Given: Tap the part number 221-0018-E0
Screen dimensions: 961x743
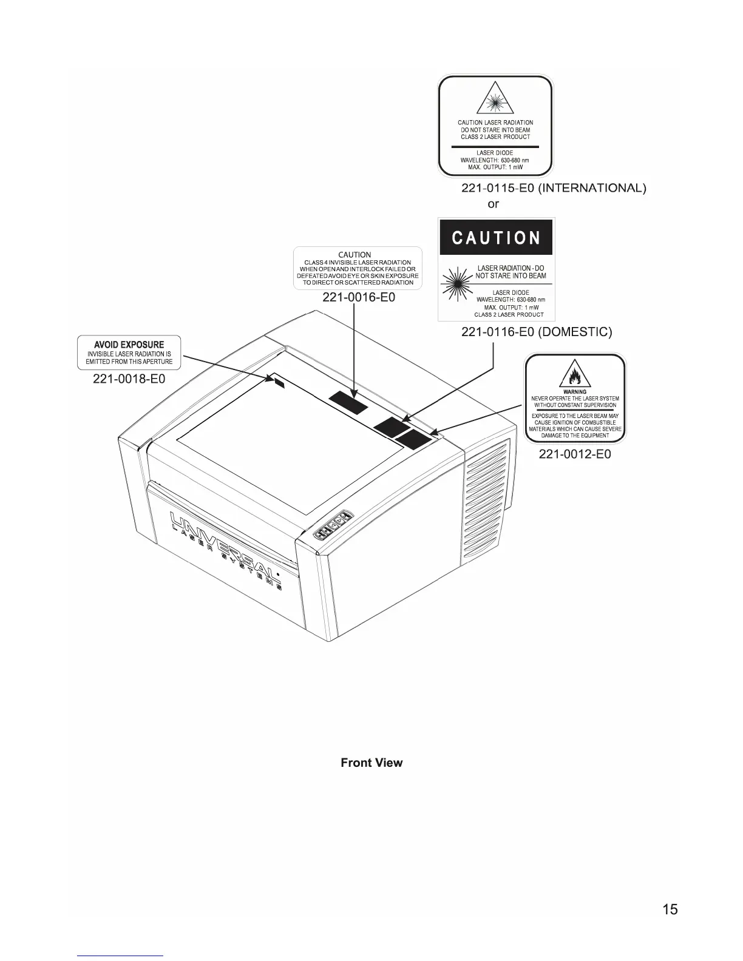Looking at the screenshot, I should pos(129,379).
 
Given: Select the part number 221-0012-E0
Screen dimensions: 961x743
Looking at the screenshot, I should pos(575,454).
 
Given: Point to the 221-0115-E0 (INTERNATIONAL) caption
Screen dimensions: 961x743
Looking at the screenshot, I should pos(554,188).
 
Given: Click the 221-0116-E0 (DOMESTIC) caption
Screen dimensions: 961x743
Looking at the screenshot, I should pos(537,332).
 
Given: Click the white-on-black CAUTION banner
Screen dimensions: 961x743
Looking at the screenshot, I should pos(496,237).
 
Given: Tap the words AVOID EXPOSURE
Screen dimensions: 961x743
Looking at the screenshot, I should pos(129,345).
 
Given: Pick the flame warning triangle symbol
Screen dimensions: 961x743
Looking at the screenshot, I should pos(575,374).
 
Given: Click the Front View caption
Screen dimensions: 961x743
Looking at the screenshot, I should pos(371,763).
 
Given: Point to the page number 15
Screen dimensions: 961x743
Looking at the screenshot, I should pos(670,909).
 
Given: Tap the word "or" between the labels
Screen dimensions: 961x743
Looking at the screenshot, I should pos(493,204).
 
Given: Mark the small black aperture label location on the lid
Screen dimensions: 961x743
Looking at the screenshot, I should pos(279,383).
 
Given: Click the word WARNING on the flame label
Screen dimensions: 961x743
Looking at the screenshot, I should pos(575,392).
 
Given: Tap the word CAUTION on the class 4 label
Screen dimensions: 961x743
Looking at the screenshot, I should pos(355,255).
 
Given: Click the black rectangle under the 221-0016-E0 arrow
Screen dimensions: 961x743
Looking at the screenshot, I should pos(348,401).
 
